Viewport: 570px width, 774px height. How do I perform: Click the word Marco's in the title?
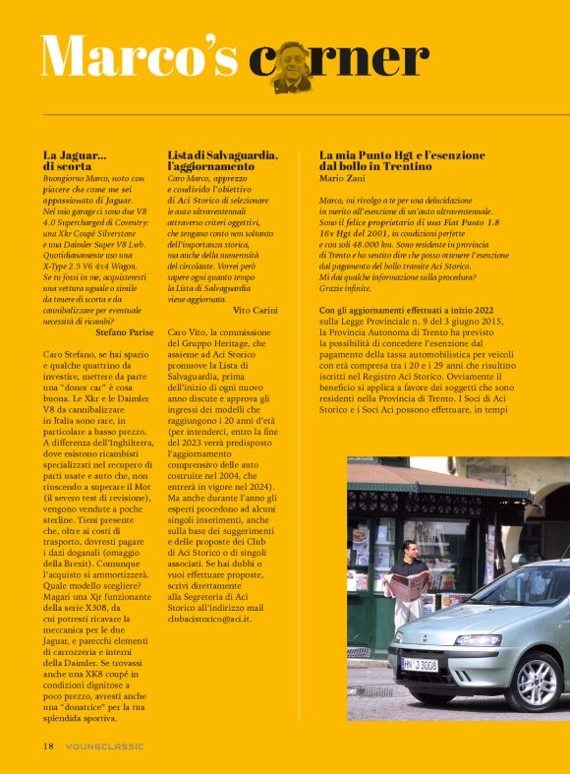point(139,56)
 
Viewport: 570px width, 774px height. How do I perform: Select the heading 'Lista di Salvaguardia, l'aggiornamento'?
point(223,161)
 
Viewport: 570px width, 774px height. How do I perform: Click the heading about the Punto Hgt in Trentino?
point(403,161)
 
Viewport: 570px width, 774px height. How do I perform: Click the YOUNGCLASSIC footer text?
point(104,746)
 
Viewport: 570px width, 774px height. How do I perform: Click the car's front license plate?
point(419,665)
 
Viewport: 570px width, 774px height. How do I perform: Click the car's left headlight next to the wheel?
point(479,640)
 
